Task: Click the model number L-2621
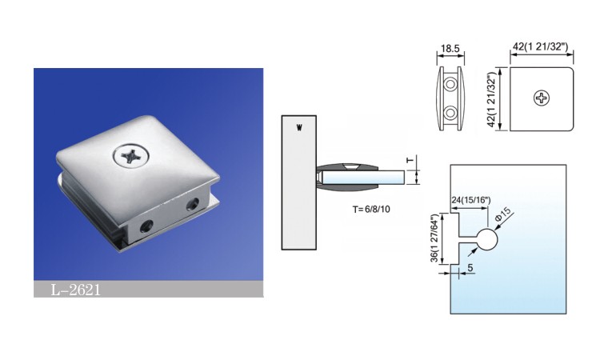pos(76,290)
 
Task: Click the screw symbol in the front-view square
pos(542,99)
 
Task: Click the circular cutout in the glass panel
pos(488,238)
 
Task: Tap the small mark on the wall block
pos(299,128)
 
